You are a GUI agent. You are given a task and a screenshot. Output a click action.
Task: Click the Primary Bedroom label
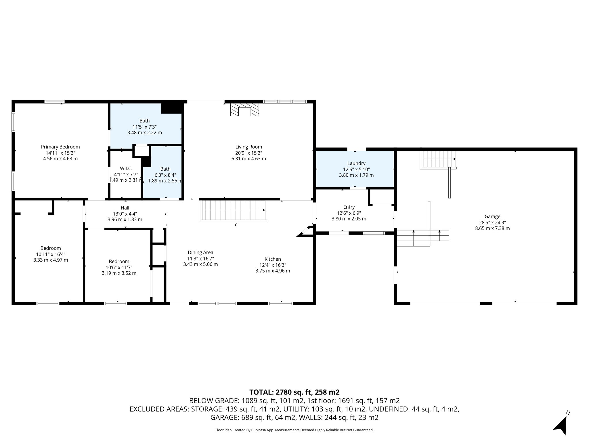[60, 147]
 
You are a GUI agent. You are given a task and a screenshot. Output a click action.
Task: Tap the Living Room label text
[248, 147]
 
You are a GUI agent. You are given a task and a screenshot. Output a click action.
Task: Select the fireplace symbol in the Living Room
[244, 110]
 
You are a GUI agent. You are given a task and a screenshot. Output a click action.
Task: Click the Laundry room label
[356, 163]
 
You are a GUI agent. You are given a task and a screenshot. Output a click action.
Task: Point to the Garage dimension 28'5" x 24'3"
[492, 222]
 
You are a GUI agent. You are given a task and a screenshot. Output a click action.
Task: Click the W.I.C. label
[126, 169]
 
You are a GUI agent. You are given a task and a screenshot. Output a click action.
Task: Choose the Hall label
[125, 208]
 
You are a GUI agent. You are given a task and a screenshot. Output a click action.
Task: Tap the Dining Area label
[200, 253]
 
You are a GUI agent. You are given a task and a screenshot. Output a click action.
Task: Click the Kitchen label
[273, 259]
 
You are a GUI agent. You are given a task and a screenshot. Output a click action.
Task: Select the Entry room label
[349, 207]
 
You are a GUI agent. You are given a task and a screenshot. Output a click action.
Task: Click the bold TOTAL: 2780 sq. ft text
[294, 392]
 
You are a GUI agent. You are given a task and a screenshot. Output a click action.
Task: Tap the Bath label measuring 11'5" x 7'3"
[145, 121]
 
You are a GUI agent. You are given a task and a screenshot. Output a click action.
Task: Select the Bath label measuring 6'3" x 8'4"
[165, 169]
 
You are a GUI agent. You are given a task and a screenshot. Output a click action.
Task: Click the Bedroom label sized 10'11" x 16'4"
[51, 248]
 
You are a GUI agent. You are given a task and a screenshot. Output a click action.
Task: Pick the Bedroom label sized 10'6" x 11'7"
[119, 261]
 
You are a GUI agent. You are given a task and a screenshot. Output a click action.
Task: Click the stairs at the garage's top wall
[438, 159]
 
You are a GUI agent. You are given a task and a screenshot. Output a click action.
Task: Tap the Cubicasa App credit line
[294, 430]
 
